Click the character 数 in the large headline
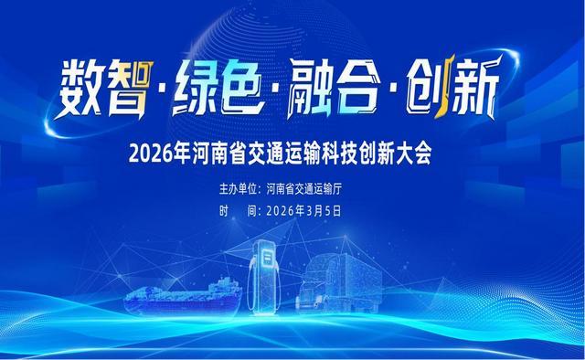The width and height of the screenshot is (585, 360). click(x=84, y=90)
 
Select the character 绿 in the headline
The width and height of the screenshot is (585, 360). click(x=202, y=90)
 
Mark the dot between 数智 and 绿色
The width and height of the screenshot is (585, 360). click(x=165, y=94)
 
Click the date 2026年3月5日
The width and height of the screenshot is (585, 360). click(x=302, y=209)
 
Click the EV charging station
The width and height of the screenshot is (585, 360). click(x=268, y=270)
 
